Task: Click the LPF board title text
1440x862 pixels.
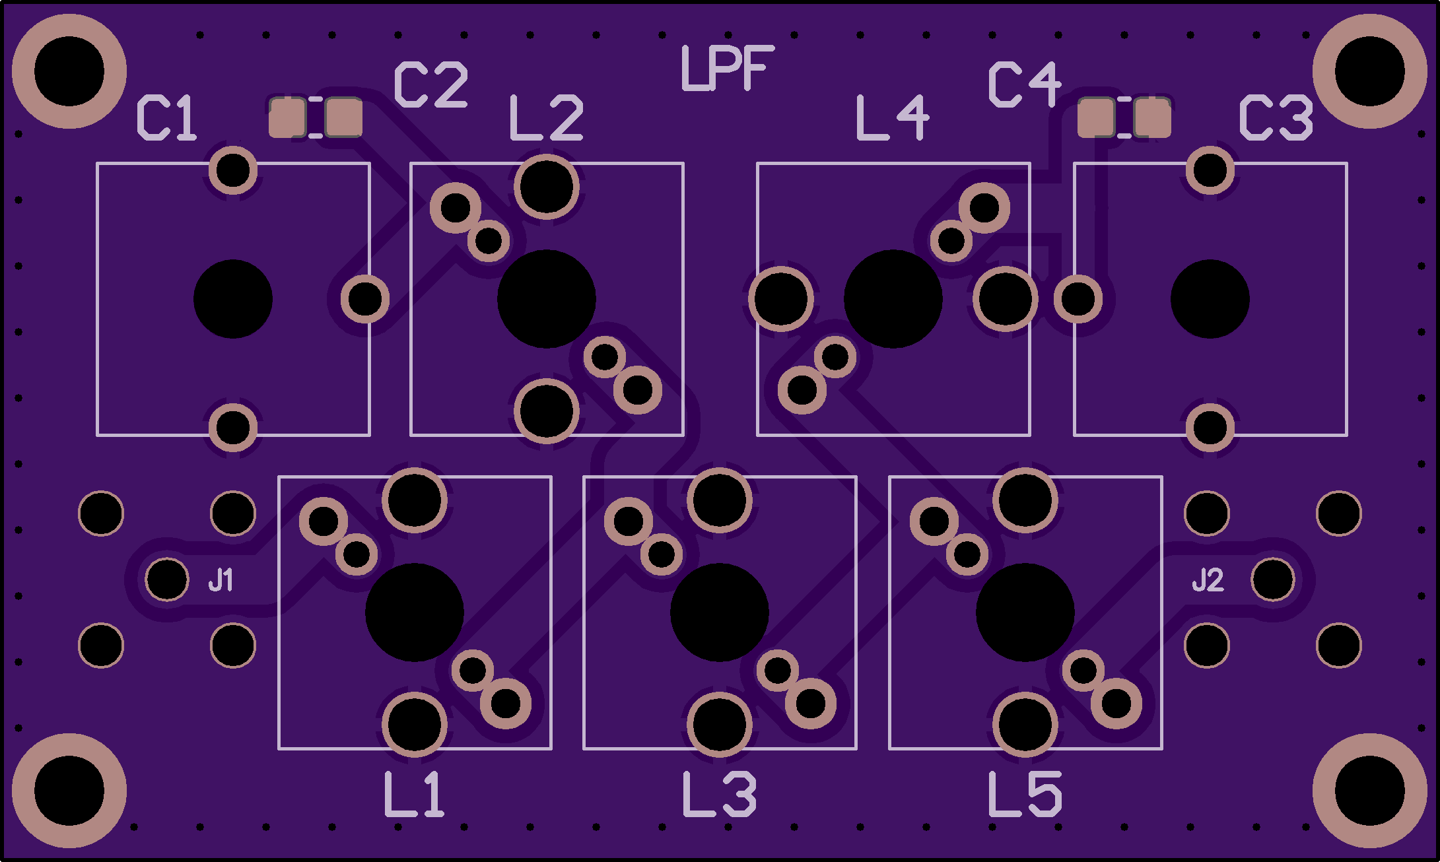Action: pos(726,69)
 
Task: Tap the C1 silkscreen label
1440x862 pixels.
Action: pos(166,118)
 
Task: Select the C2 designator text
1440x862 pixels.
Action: pos(431,85)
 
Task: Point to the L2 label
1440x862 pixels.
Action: pos(547,118)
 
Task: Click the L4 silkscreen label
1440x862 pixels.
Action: pos(893,118)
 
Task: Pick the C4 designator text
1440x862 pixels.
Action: pos(1025,84)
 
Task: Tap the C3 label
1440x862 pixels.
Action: pos(1276,118)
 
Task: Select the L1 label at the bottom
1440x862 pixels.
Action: pos(414,795)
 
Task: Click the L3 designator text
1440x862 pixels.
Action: pos(719,795)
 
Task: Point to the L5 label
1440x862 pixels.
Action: pos(1025,795)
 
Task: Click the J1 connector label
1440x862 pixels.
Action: pos(221,580)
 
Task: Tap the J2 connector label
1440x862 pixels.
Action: pos(1208,580)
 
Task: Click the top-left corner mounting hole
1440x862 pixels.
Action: pos(69,71)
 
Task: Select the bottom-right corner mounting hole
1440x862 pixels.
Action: pos(1369,790)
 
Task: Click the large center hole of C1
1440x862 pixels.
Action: pos(232,299)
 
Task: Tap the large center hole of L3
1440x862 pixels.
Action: pos(719,613)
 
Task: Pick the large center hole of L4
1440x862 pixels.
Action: pos(893,299)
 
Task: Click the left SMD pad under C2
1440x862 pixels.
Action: pos(288,118)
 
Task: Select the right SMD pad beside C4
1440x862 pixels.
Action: pos(1152,118)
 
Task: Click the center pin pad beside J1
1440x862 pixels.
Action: pos(167,580)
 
